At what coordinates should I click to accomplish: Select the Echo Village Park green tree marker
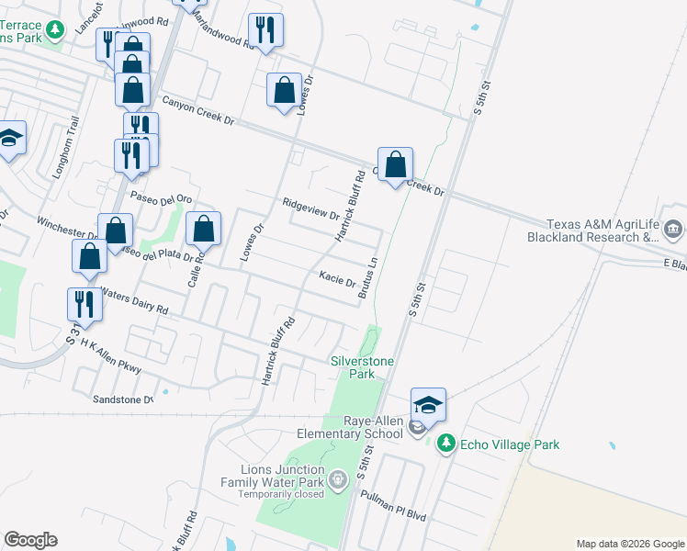click(x=445, y=444)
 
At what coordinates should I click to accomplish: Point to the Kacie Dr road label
click(x=336, y=276)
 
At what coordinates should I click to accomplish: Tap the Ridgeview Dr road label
click(x=310, y=208)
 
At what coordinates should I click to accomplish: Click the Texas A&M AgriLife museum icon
click(x=673, y=229)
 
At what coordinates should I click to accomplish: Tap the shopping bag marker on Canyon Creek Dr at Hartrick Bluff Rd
click(x=395, y=165)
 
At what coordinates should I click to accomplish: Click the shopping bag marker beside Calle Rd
click(x=204, y=230)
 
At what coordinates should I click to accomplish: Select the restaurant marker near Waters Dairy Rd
click(x=84, y=304)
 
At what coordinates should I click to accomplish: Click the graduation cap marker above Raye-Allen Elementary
click(x=428, y=404)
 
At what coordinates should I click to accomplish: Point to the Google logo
click(x=30, y=540)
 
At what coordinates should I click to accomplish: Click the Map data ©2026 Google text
click(x=629, y=544)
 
